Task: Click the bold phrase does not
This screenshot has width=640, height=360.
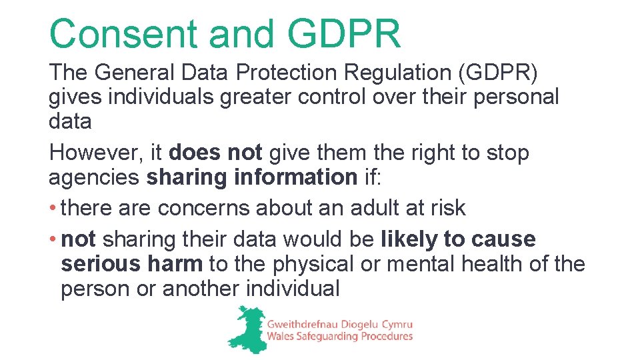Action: pyautogui.click(x=215, y=153)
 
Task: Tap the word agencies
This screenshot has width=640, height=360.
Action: pyautogui.click(x=94, y=178)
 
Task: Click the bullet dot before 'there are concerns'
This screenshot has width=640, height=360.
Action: pyautogui.click(x=53, y=208)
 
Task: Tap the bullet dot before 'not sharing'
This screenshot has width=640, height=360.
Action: pyautogui.click(x=53, y=239)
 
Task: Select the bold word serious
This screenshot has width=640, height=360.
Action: pyautogui.click(x=98, y=264)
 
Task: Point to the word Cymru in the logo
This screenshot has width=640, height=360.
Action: pyautogui.click(x=393, y=324)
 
